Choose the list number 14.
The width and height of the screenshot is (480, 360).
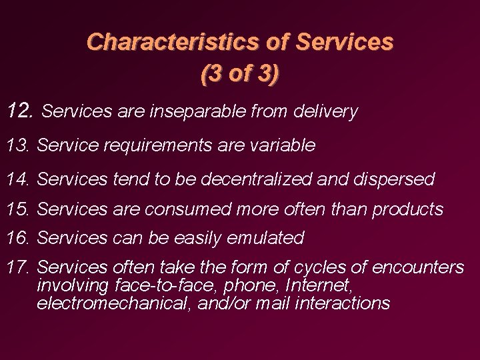click(x=19, y=179)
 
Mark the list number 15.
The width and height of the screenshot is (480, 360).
click(x=19, y=209)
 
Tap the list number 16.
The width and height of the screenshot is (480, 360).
click(x=19, y=237)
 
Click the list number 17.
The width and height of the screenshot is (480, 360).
click(x=19, y=268)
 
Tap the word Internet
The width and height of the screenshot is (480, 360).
click(x=319, y=286)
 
